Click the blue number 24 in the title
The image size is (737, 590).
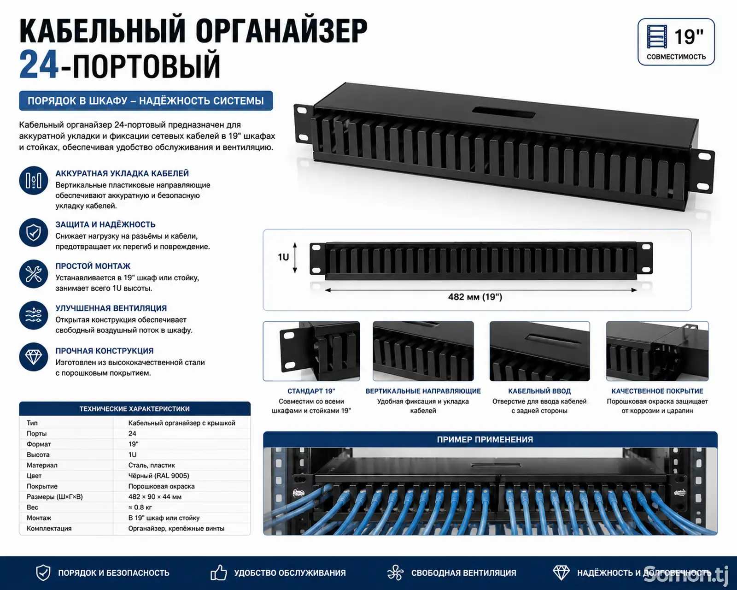click(x=38, y=65)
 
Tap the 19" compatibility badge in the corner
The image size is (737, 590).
click(x=676, y=42)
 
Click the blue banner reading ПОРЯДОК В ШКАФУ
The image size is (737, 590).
click(x=146, y=101)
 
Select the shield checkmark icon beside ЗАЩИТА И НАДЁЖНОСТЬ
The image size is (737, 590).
click(x=34, y=233)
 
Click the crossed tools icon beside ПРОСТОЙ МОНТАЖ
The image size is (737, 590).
click(x=34, y=274)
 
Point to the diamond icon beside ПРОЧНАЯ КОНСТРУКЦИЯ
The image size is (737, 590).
click(x=34, y=357)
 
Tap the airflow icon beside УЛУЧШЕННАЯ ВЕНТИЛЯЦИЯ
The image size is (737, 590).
click(x=34, y=315)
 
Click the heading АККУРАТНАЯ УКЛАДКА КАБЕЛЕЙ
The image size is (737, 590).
click(x=122, y=173)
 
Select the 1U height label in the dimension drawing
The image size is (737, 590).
click(x=283, y=257)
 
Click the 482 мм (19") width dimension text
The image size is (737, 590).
click(x=475, y=297)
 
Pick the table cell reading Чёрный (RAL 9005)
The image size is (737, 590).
click(x=158, y=476)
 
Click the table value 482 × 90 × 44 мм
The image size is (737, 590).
click(x=155, y=497)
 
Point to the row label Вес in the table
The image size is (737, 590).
click(x=33, y=507)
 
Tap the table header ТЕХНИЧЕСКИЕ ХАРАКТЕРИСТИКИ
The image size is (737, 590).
click(x=135, y=409)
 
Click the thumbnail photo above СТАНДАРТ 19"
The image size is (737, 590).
click(x=311, y=351)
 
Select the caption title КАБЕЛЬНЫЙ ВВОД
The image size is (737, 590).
click(x=539, y=391)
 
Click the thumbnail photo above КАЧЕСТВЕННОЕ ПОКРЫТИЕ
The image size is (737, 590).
click(x=657, y=351)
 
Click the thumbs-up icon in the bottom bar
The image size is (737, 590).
click(x=218, y=572)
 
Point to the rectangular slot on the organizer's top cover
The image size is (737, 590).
click(x=503, y=112)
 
